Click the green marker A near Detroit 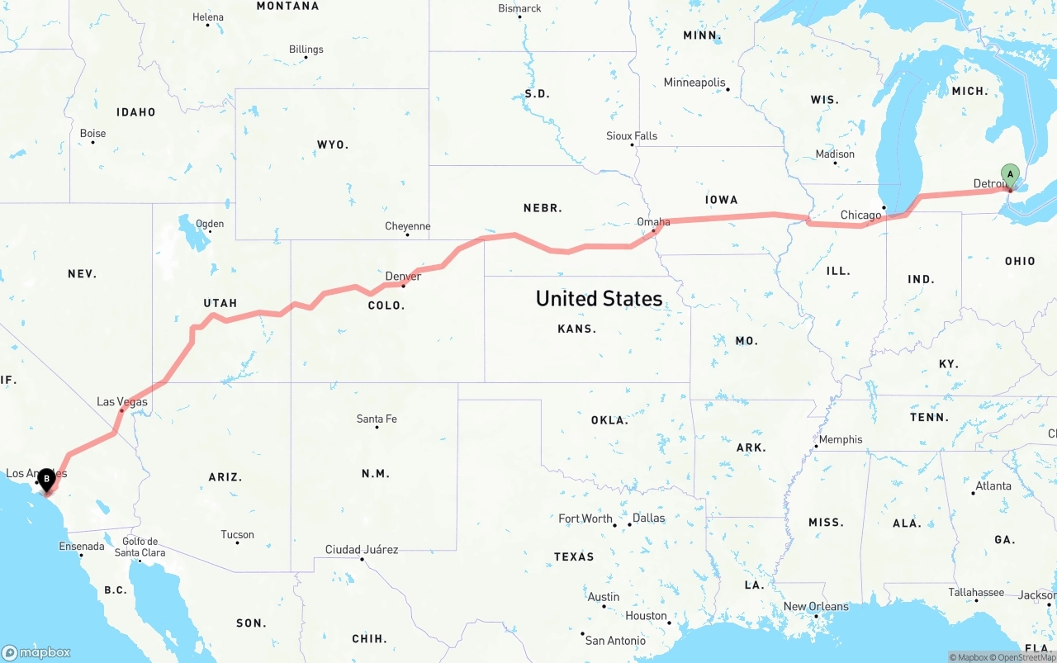pyautogui.click(x=1009, y=174)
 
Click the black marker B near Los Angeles pyautogui.click(x=47, y=478)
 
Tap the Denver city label pyautogui.click(x=403, y=276)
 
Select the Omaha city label pyautogui.click(x=653, y=221)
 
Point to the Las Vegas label pyautogui.click(x=122, y=402)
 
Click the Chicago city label pyautogui.click(x=860, y=215)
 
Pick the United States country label pyautogui.click(x=599, y=298)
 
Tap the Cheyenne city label pyautogui.click(x=407, y=226)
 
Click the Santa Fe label pyautogui.click(x=377, y=419)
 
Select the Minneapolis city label pyautogui.click(x=694, y=83)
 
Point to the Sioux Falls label pyautogui.click(x=632, y=135)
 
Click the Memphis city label pyautogui.click(x=841, y=439)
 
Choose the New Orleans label pyautogui.click(x=816, y=606)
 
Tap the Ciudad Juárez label pyautogui.click(x=362, y=549)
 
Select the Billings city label pyautogui.click(x=306, y=50)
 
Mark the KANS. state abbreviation pyautogui.click(x=576, y=329)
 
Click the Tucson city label pyautogui.click(x=237, y=534)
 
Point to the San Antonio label pyautogui.click(x=615, y=640)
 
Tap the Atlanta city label pyautogui.click(x=993, y=485)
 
